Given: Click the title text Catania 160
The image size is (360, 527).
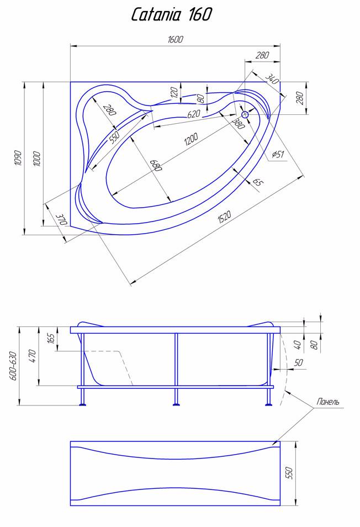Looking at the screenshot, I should tap(172, 14).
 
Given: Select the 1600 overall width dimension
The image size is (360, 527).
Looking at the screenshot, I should tap(175, 39).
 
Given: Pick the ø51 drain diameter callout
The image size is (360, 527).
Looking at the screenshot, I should tap(278, 154).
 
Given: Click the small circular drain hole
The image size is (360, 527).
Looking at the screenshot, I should tap(245, 114).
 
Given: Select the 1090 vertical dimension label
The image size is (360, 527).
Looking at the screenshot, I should tap(17, 159).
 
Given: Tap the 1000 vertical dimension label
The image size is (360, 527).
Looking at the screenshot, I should tap(36, 158).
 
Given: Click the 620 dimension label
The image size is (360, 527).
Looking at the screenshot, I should tap(193, 114).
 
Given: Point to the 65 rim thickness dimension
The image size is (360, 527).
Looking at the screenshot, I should tap(257, 182).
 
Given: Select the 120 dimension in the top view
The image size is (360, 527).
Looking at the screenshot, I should tap(174, 92).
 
